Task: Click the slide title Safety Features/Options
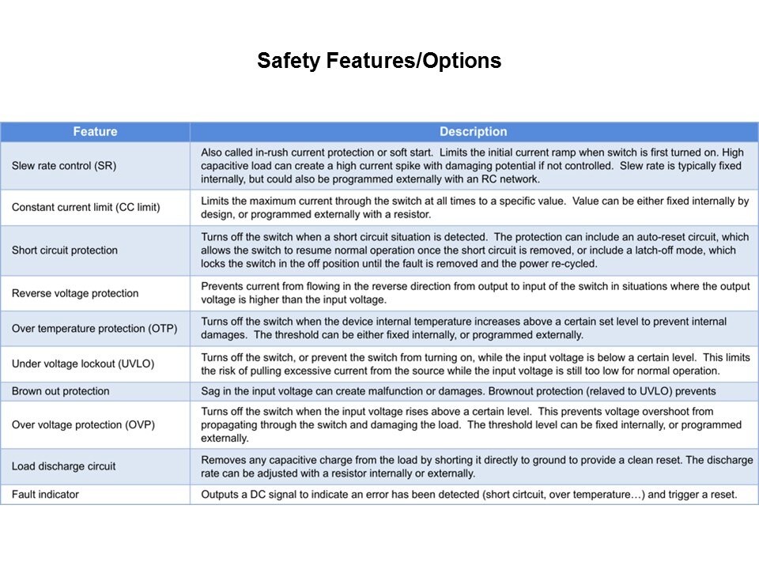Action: pyautogui.click(x=379, y=61)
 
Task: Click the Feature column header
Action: pyautogui.click(x=95, y=132)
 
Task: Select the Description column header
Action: pyautogui.click(x=473, y=132)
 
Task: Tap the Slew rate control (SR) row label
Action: pyautogui.click(x=64, y=165)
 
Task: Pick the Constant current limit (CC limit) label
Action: pyautogui.click(x=85, y=207)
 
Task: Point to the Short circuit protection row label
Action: pyautogui.click(x=64, y=251)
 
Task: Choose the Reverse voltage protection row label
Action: pyautogui.click(x=75, y=293)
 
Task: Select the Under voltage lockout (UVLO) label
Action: pyautogui.click(x=82, y=364)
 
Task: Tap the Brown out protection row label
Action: pyautogui.click(x=61, y=391)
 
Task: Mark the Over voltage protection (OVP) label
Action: pyautogui.click(x=83, y=424)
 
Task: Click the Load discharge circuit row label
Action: pyautogui.click(x=63, y=466)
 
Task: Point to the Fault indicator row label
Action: pyautogui.click(x=45, y=495)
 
